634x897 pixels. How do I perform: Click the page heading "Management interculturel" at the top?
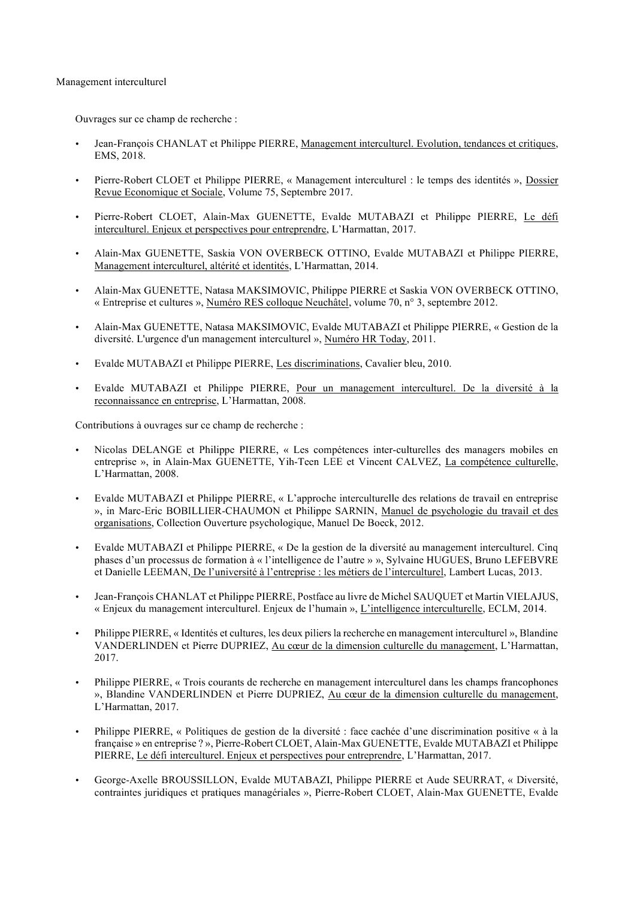pos(111,82)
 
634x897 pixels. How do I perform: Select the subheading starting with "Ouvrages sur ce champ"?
pos(156,119)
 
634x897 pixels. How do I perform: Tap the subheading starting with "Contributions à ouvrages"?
pos(189,425)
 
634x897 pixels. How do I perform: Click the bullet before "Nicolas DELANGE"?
pos(77,449)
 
